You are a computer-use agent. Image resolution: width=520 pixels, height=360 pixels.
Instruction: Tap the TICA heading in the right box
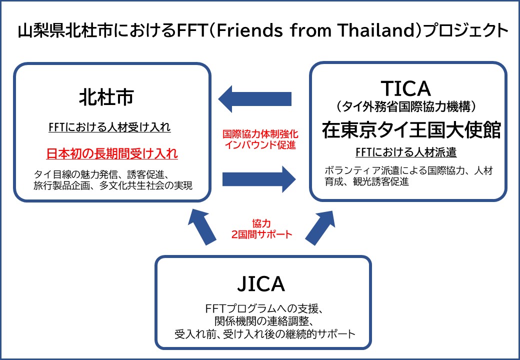405,88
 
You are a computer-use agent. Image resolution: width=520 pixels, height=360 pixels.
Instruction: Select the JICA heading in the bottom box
260,283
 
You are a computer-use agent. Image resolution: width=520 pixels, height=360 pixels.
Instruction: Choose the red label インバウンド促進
259,145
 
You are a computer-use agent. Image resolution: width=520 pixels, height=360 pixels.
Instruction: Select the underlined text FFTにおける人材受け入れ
109,127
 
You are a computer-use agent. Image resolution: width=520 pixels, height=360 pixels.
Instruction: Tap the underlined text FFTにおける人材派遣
405,152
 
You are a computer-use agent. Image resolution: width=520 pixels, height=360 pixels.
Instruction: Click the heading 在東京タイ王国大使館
411,129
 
